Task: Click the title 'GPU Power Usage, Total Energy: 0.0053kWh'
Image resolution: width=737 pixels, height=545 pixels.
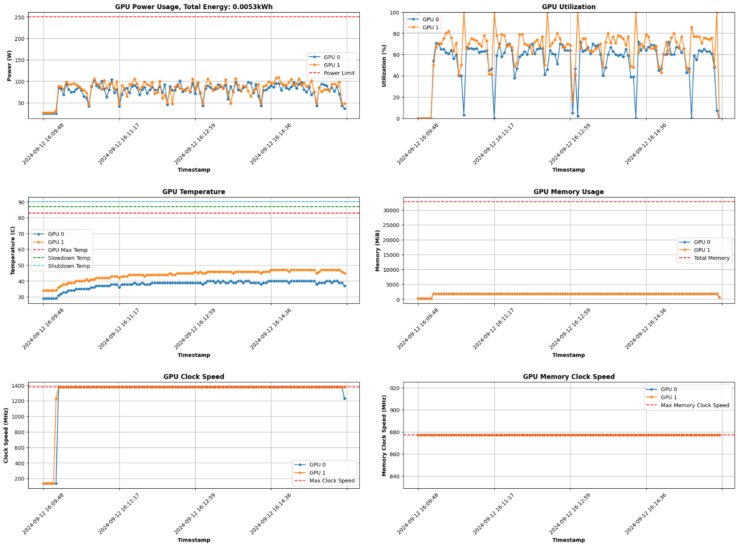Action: coord(194,7)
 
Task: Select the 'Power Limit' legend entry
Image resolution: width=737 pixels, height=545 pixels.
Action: coord(339,73)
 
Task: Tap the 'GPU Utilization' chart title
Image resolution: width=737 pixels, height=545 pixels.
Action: coord(569,7)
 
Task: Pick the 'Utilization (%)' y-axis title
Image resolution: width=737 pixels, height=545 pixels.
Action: coord(384,66)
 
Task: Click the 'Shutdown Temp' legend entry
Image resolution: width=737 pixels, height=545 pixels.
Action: coord(68,266)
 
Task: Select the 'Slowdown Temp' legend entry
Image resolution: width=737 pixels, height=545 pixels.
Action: coord(68,258)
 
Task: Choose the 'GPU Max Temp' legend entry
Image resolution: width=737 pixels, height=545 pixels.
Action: coord(67,250)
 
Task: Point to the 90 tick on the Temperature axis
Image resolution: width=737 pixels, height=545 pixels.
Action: coord(21,202)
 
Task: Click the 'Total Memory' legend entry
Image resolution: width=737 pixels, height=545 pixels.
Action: coord(711,258)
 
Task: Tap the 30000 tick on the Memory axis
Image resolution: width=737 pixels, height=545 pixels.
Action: coord(391,210)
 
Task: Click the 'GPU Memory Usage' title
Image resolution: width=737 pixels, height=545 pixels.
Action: coord(569,192)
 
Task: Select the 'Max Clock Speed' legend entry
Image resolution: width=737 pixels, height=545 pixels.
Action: coord(332,481)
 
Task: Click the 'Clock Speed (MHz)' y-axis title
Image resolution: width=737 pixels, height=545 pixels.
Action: coord(6,435)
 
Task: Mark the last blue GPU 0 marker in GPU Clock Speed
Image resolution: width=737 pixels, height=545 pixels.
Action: coord(345,398)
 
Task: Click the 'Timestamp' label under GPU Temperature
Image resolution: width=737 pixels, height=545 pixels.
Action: coord(194,355)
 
